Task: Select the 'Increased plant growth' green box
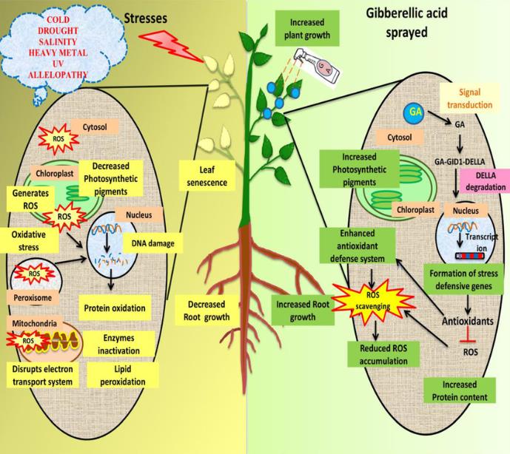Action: [303, 25]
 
